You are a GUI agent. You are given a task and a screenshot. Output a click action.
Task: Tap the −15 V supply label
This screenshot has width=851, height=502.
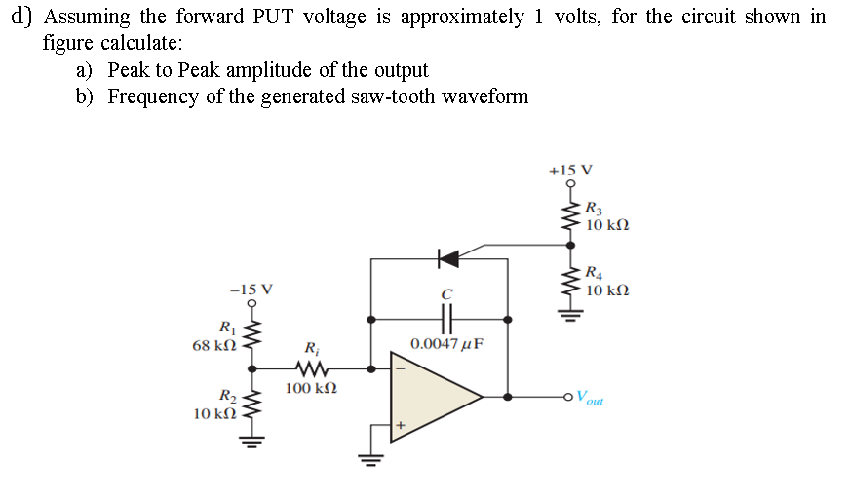point(251,289)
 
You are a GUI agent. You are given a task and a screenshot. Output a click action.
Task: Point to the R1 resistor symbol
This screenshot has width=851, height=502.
point(252,337)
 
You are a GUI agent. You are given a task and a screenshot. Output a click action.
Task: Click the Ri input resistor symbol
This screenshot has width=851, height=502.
point(311,369)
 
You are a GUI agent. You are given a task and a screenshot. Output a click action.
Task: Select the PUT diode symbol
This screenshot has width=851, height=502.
point(448,258)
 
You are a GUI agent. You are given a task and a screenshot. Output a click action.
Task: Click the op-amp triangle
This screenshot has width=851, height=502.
point(433,397)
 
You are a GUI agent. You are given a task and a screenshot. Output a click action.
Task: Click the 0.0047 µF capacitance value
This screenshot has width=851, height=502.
point(447,344)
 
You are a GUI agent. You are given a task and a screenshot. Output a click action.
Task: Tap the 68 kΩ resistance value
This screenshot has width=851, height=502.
point(213,346)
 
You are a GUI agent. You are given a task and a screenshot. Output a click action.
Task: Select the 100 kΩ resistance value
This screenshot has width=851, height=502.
point(311,389)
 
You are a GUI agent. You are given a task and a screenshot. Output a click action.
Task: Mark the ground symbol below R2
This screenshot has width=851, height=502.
point(252,438)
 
